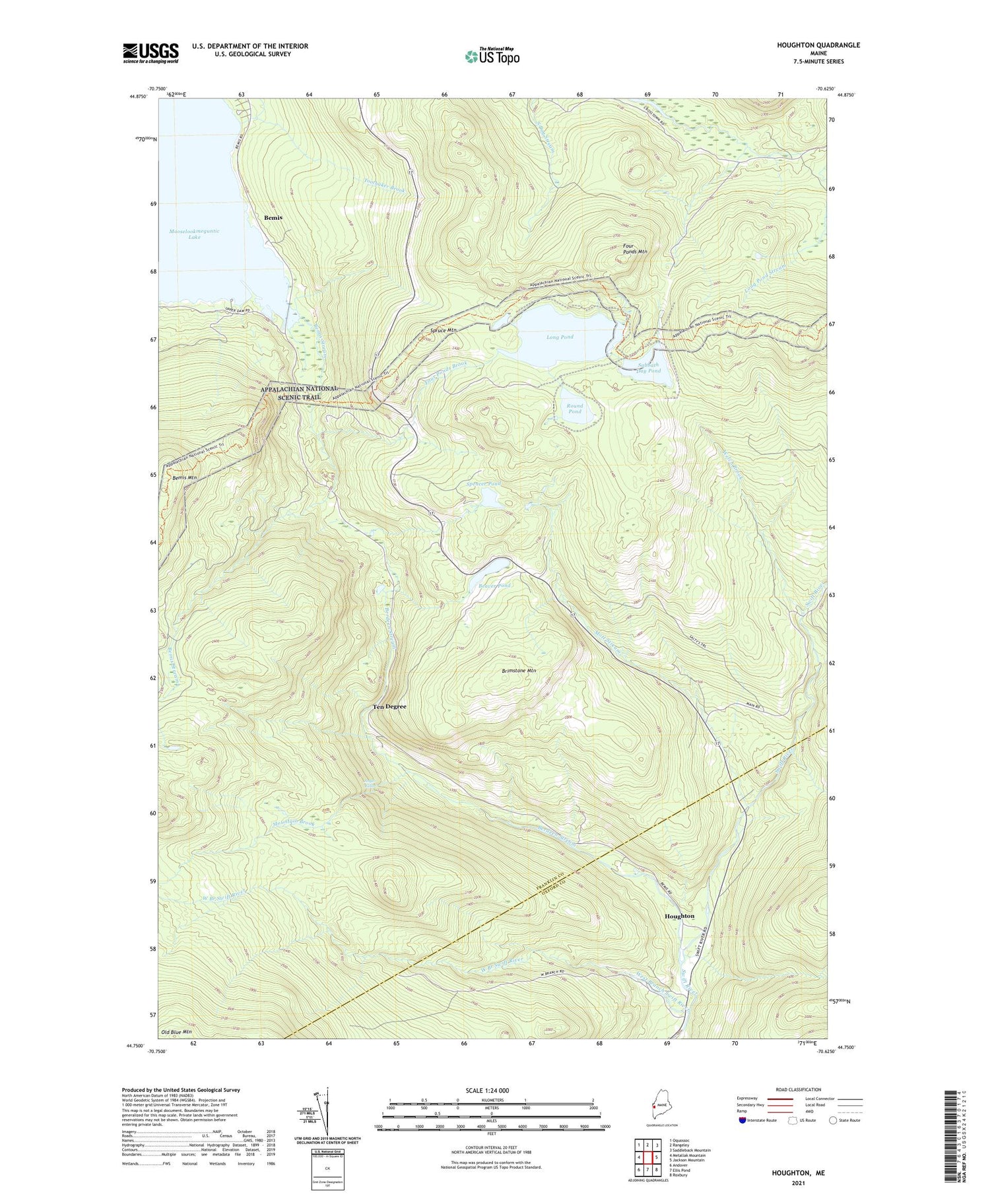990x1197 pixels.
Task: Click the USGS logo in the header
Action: pyautogui.click(x=150, y=53)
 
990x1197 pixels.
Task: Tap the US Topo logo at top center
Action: pyautogui.click(x=492, y=56)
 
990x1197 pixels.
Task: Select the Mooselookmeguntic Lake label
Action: pyautogui.click(x=194, y=234)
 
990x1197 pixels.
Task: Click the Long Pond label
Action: pyautogui.click(x=560, y=337)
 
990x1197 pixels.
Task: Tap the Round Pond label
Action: pyautogui.click(x=575, y=409)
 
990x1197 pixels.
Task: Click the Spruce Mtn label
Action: pyautogui.click(x=443, y=329)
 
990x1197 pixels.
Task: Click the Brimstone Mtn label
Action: pyautogui.click(x=519, y=671)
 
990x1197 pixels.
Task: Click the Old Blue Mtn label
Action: pyautogui.click(x=176, y=1032)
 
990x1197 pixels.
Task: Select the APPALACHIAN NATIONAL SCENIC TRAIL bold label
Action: pyautogui.click(x=299, y=393)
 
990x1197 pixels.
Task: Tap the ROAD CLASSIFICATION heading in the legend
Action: pyautogui.click(x=799, y=1089)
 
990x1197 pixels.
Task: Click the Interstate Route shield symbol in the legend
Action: pyautogui.click(x=742, y=1120)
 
